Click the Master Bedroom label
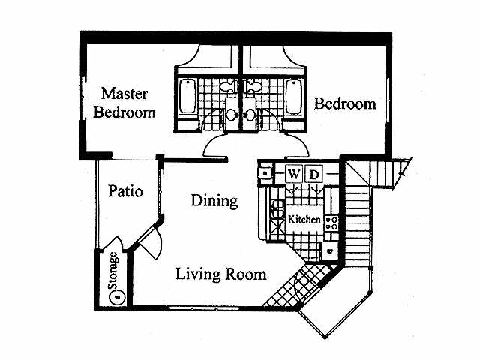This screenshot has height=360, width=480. (x=128, y=103)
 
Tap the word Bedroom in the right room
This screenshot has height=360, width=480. (x=344, y=103)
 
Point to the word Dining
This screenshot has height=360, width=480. (x=214, y=201)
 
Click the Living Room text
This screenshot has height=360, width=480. (x=220, y=274)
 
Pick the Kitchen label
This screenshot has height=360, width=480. (x=305, y=220)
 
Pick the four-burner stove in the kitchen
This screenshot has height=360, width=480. (x=332, y=222)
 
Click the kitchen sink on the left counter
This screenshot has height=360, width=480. (x=275, y=208)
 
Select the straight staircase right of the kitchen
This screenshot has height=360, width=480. (x=358, y=217)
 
